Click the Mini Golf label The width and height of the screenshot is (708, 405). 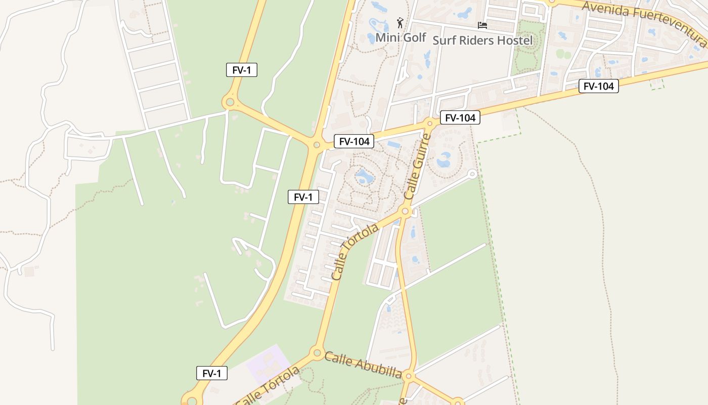tap(401, 37)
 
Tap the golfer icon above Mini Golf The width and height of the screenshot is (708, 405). tap(401, 23)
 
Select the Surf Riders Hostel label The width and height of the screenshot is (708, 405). tap(482, 40)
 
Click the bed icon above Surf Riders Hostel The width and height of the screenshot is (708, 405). tap(482, 25)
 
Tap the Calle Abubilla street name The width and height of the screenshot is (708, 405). tap(363, 366)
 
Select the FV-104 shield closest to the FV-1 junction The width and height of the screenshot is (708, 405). tap(354, 142)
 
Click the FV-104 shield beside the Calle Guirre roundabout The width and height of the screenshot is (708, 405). tap(460, 118)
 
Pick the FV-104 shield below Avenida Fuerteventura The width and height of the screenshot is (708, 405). tap(599, 86)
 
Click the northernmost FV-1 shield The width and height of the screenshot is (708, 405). tap(242, 70)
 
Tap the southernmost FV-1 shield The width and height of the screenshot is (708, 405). tap(212, 374)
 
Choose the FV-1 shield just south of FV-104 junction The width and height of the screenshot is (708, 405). tap(303, 197)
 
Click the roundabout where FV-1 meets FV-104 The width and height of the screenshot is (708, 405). tap(317, 145)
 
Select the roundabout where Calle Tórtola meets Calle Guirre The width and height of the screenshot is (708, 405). tap(405, 211)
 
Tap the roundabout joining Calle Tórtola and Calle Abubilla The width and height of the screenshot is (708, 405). tap(317, 352)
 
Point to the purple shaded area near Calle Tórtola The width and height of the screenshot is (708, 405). tap(268, 363)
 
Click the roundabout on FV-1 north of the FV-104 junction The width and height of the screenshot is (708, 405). tap(230, 103)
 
